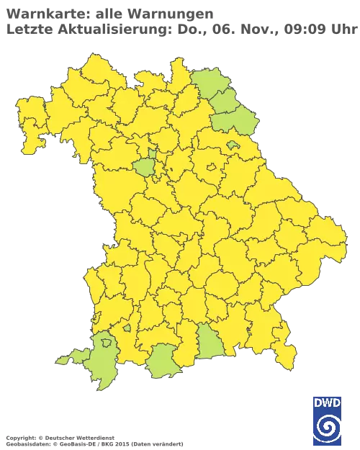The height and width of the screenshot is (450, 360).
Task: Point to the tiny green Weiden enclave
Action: [x=232, y=145]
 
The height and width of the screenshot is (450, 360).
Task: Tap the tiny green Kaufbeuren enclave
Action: [x=127, y=328]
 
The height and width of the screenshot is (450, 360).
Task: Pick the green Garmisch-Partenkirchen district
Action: [x=166, y=364]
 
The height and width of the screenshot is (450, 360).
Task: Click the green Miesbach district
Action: [x=211, y=340]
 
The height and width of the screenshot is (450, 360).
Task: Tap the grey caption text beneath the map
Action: [x=94, y=438]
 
